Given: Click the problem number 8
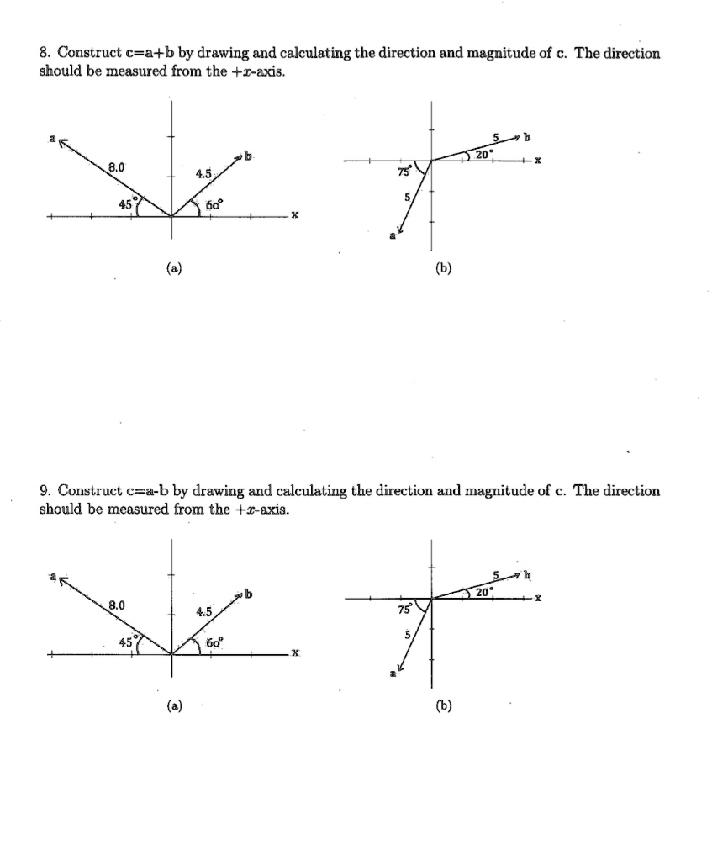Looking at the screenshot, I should [44, 54].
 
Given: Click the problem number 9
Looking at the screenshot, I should [44, 490].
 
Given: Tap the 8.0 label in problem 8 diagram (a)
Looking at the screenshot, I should [115, 167].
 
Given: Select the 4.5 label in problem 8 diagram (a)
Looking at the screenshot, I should [203, 175].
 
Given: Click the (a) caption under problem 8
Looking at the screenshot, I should [172, 268].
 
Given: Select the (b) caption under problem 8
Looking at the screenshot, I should [443, 268].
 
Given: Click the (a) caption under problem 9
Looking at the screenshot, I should [172, 705].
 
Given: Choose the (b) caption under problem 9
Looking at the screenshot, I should [443, 705].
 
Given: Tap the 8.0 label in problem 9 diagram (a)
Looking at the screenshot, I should [115, 605].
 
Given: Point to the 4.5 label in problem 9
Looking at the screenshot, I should [203, 612].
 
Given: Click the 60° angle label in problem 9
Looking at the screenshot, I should [214, 642].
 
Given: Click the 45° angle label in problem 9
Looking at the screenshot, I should [128, 640].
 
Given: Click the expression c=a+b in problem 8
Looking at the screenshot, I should [159, 54].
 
